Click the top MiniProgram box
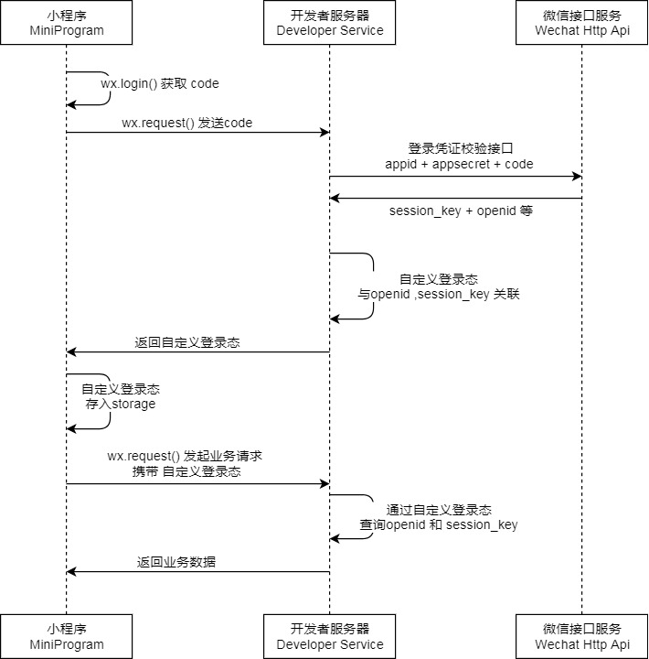[66, 23]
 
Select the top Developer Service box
[330, 23]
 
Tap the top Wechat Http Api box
[582, 23]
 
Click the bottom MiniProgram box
[66, 636]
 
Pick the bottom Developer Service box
[330, 636]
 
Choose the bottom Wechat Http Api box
[582, 636]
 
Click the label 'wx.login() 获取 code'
[160, 83]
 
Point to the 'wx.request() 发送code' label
[186, 123]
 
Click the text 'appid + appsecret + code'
[459, 164]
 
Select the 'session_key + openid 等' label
[461, 211]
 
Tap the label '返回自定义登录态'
[187, 342]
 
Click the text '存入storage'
[121, 404]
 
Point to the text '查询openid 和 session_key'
[439, 525]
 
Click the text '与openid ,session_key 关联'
[439, 295]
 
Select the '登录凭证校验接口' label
[460, 148]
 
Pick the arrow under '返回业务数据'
[197, 572]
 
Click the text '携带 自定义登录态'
[186, 472]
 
